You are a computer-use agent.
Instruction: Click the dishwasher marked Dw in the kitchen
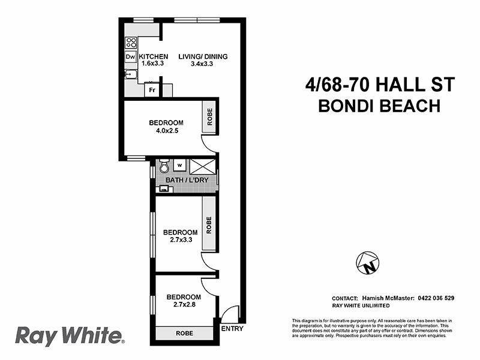(130, 57)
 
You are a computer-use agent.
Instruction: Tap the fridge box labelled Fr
(153, 90)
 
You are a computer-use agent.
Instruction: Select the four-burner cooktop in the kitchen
(130, 43)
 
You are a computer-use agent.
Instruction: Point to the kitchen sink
(130, 76)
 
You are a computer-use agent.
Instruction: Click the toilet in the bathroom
(164, 166)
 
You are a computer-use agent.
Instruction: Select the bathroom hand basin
(163, 190)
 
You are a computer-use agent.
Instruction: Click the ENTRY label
(232, 329)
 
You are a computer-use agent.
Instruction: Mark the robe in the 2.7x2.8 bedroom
(184, 334)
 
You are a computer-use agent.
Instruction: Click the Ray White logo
(69, 335)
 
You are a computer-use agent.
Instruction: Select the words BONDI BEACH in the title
(379, 106)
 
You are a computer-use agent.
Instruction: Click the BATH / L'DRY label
(182, 179)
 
